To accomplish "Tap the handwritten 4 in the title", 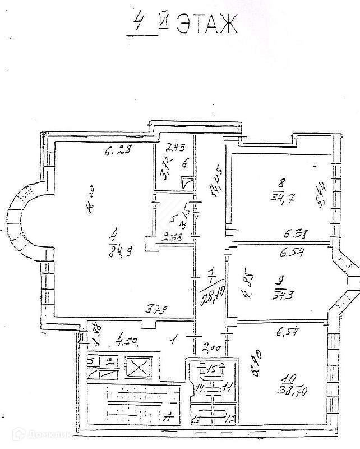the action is (136, 24).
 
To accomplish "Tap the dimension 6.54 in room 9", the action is (292, 254).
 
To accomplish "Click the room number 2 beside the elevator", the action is (110, 361).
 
